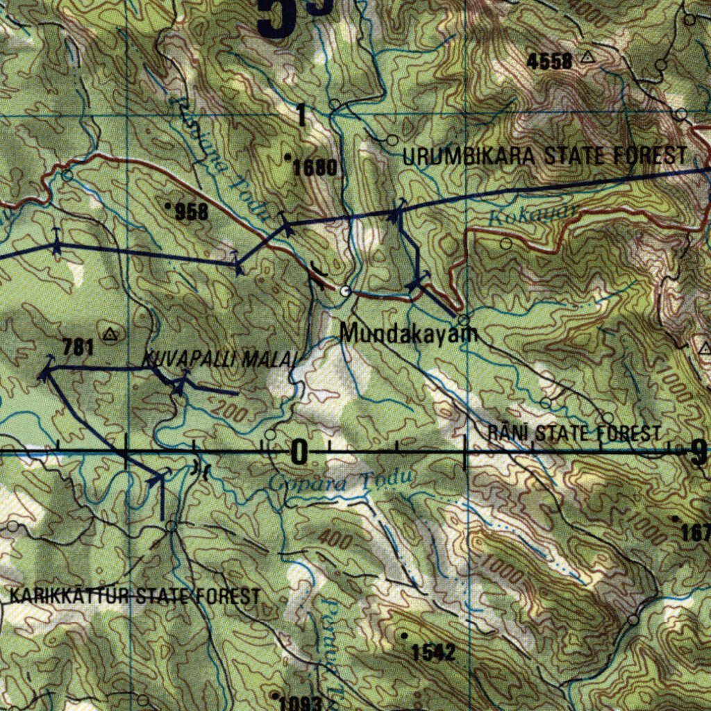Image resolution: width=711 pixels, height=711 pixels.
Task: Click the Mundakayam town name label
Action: (x=410, y=334)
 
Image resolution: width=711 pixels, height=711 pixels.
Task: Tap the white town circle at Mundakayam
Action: (x=345, y=291)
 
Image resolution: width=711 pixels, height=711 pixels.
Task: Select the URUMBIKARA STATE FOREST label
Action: (x=544, y=156)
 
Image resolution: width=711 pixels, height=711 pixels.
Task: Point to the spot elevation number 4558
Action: (x=549, y=61)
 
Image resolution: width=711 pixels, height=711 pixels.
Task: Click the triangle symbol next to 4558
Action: (x=588, y=58)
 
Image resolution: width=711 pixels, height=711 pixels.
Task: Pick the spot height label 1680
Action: (x=315, y=167)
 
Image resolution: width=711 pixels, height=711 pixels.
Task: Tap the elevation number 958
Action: (x=191, y=212)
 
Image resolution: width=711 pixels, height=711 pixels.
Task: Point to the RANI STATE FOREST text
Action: (x=574, y=434)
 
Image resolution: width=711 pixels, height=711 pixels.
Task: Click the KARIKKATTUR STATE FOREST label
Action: (x=135, y=596)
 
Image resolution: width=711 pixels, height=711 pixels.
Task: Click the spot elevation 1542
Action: (x=433, y=652)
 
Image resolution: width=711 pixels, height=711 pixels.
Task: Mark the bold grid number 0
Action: (x=299, y=453)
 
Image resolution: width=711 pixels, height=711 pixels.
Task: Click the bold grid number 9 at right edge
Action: (x=698, y=453)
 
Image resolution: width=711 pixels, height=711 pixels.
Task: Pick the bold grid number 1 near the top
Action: (x=301, y=115)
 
